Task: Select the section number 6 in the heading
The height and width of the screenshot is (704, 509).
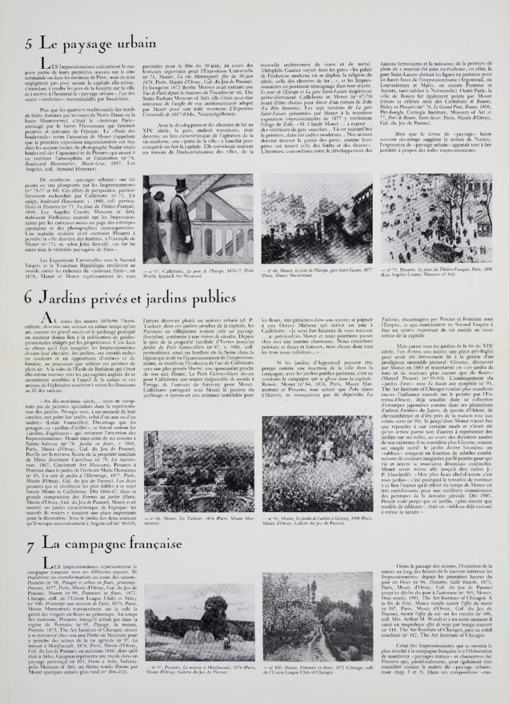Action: click(28, 298)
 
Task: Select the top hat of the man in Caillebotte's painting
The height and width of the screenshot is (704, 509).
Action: click(181, 184)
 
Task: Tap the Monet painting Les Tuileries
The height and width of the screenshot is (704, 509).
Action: click(198, 471)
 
